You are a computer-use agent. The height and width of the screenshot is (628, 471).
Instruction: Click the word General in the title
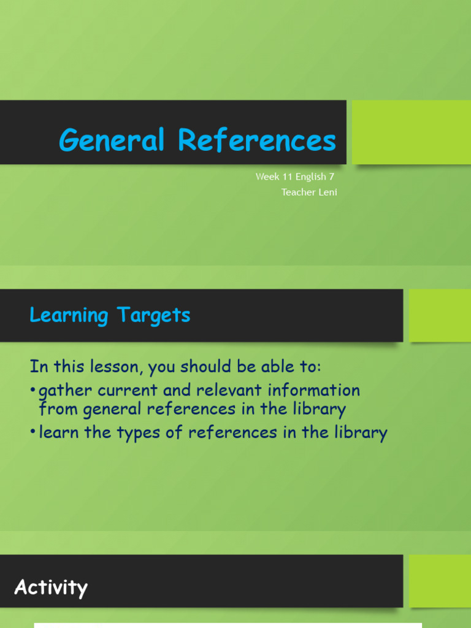112,140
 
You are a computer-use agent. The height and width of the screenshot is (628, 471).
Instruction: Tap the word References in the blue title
257,140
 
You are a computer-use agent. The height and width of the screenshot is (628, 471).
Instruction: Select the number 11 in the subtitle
287,177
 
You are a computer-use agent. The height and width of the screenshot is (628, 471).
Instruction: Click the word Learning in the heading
69,315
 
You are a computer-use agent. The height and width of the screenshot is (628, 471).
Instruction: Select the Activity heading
51,588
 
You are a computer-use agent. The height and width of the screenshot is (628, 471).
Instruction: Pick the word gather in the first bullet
64,390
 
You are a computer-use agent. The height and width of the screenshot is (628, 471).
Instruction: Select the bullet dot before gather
33,391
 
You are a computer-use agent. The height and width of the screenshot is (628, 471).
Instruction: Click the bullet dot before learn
33,433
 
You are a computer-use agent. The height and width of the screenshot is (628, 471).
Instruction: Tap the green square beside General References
411,132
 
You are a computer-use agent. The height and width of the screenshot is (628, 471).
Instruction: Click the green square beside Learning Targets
440,315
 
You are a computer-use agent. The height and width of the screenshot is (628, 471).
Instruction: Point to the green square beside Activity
440,580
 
